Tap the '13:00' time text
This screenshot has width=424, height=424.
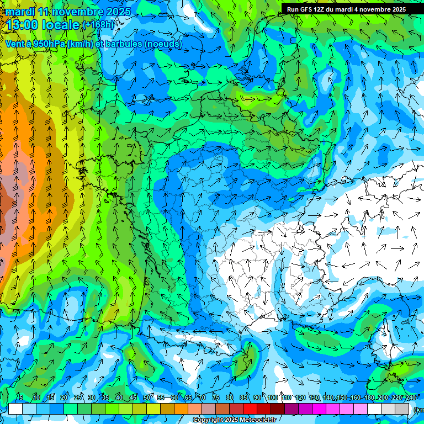tap(23, 25)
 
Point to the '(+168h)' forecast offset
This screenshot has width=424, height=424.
tap(98, 24)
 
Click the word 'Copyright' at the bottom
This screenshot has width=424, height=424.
tap(209, 420)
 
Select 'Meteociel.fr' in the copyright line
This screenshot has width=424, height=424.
tap(256, 420)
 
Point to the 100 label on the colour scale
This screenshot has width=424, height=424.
tap(272, 398)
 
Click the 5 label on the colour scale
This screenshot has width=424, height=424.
tap(21, 398)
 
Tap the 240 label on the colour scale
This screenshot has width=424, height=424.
tap(411, 398)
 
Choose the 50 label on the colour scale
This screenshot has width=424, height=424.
tap(147, 398)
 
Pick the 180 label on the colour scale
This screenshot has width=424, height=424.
tap(369, 398)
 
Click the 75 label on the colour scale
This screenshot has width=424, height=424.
tap(216, 398)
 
